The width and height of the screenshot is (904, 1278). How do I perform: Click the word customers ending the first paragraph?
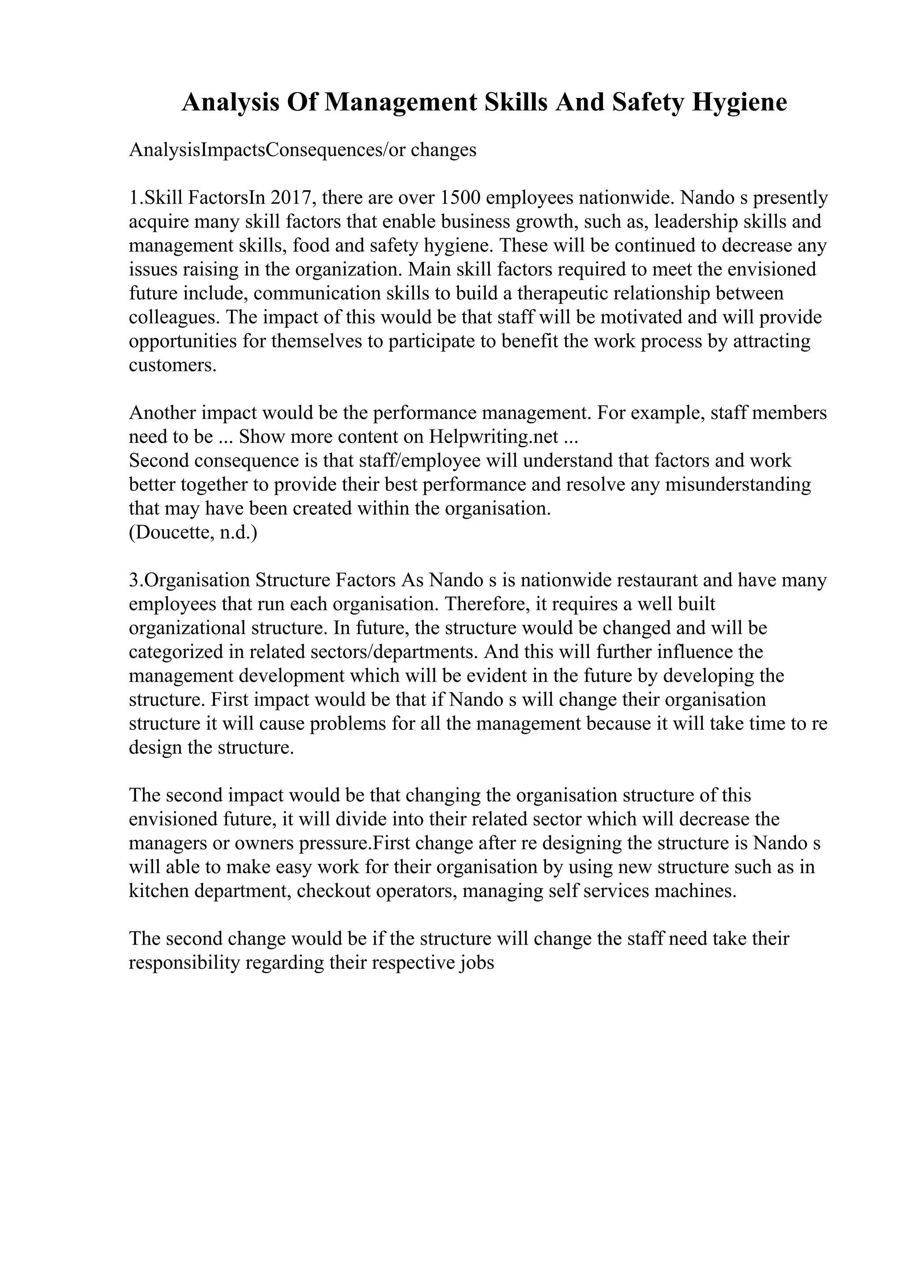click(172, 365)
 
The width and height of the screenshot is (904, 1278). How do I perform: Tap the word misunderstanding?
click(738, 485)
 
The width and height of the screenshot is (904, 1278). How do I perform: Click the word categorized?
click(175, 652)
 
